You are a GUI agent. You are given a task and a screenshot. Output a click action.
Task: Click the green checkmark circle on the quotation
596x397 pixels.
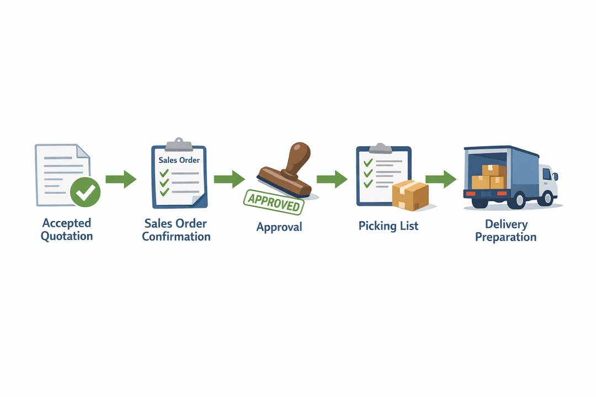click(x=86, y=192)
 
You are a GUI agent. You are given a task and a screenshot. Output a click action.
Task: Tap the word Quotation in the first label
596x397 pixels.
click(x=67, y=237)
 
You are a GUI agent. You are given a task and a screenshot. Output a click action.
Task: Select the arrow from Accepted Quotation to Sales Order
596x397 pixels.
click(x=121, y=179)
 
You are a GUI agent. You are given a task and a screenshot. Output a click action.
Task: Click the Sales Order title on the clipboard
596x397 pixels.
click(x=179, y=160)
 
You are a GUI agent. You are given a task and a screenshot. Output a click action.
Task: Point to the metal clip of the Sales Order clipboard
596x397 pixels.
click(x=179, y=144)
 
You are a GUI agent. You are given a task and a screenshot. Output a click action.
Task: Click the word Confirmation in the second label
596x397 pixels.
click(x=176, y=237)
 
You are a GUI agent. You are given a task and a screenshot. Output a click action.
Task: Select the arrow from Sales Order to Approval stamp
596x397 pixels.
click(x=230, y=179)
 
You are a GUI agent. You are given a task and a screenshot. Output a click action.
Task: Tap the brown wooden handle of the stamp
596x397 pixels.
click(x=299, y=158)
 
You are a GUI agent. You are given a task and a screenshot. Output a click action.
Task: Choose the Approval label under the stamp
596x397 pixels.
click(x=279, y=227)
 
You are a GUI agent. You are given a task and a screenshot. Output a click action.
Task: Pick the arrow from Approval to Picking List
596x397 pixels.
click(x=332, y=179)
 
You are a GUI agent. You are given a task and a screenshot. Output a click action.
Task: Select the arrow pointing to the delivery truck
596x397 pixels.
click(x=441, y=179)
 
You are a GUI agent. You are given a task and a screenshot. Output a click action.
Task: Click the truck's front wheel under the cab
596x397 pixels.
click(x=548, y=198)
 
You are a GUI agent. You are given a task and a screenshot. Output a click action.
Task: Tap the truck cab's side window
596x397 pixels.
click(x=547, y=174)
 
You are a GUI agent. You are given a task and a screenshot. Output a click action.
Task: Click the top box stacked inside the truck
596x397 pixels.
click(x=494, y=170)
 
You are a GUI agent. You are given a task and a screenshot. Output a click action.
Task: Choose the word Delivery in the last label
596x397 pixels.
click(x=506, y=224)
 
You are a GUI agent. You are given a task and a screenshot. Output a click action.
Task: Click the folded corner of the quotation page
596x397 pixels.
click(x=83, y=151)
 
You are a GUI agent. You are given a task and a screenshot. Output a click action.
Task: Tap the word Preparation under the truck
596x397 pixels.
click(x=506, y=238)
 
